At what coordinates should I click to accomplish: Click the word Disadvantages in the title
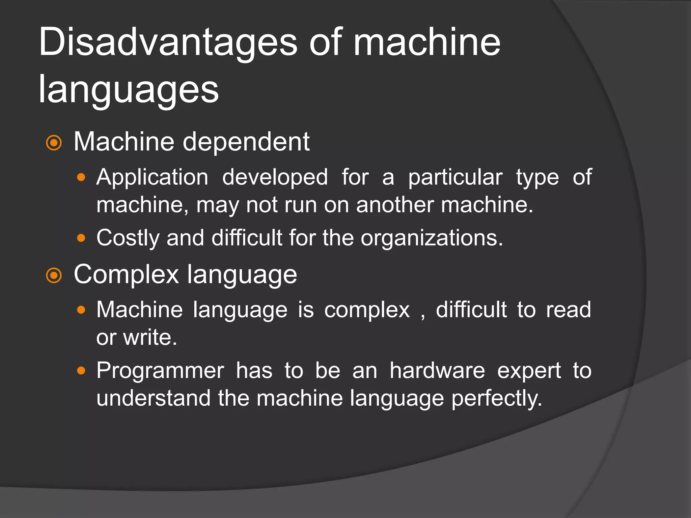tap(168, 43)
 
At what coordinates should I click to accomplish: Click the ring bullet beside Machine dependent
tap(54, 143)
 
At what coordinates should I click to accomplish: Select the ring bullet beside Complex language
tap(54, 276)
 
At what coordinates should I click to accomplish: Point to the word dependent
tap(246, 142)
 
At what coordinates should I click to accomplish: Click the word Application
tap(152, 177)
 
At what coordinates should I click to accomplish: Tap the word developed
tap(275, 177)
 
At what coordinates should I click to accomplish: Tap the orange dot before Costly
tap(81, 238)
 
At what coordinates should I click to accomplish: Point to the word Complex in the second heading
tap(126, 275)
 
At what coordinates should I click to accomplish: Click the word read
tap(568, 310)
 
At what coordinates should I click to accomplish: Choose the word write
tap(150, 337)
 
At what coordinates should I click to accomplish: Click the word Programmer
tap(160, 371)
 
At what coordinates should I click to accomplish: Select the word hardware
tap(437, 371)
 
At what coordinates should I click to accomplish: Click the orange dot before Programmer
tap(81, 371)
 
